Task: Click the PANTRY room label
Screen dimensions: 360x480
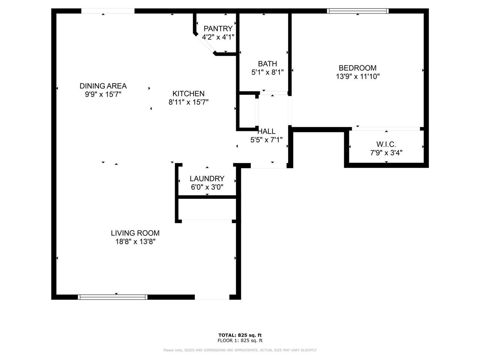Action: point(218,28)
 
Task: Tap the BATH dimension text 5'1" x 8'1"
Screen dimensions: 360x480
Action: point(267,72)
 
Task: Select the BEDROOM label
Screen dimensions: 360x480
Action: point(357,68)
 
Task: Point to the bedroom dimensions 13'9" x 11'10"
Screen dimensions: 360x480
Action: point(357,76)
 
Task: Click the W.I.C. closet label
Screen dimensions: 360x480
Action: point(386,144)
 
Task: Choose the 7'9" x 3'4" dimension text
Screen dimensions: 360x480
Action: point(386,153)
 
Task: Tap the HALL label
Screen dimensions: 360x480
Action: point(267,131)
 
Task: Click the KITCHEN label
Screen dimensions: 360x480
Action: point(188,94)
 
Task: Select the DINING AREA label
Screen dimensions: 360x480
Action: point(103,86)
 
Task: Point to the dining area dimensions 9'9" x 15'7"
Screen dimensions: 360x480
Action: point(103,94)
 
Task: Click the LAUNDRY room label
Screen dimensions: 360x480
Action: point(207,178)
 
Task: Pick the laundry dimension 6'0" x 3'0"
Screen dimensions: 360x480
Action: point(207,187)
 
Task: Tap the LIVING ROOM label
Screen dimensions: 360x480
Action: point(135,233)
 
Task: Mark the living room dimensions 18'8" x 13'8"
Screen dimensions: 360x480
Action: point(135,241)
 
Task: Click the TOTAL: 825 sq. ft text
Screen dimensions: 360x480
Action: point(240,335)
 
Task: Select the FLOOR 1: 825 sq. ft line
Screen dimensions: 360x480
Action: point(240,340)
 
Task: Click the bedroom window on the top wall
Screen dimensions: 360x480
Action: point(358,11)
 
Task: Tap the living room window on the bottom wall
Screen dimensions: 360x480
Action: point(112,297)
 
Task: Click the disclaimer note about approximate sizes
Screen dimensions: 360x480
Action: point(240,350)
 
